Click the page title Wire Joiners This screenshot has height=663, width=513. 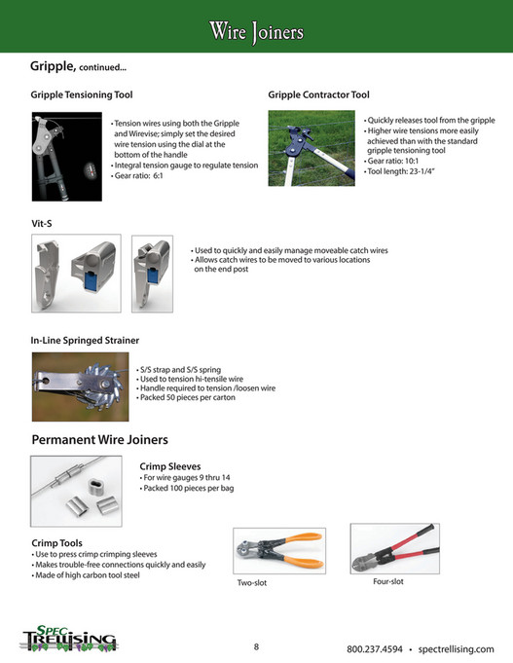click(256, 32)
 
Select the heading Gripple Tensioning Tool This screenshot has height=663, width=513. click(82, 95)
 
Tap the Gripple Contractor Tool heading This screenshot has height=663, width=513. click(318, 95)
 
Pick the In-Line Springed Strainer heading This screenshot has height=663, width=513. click(85, 340)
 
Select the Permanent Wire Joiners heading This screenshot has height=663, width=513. click(100, 439)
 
